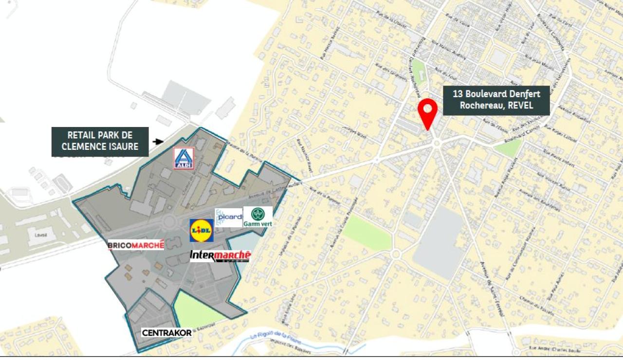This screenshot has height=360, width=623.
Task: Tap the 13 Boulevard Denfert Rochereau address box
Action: (x=496, y=101)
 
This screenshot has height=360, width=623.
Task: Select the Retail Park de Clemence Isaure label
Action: (x=100, y=142)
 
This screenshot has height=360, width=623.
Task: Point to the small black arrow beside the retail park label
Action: (x=158, y=142)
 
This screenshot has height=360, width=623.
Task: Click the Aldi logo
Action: (x=183, y=158)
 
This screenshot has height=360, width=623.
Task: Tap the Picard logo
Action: (x=229, y=217)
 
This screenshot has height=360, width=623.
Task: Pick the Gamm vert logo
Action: (x=258, y=216)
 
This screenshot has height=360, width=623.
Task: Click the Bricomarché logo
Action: (x=136, y=245)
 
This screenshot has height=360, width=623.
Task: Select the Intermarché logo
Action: (x=220, y=256)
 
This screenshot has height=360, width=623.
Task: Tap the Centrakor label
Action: (x=166, y=333)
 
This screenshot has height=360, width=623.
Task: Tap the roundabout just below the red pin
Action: (x=436, y=143)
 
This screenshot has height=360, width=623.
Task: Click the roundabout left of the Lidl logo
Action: (x=169, y=222)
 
